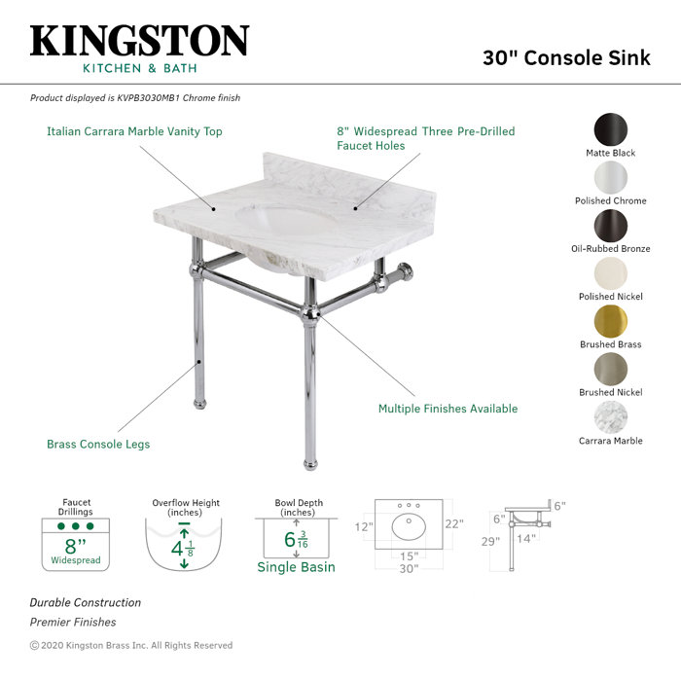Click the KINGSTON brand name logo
pyautogui.click(x=139, y=41)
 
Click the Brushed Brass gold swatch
pyautogui.click(x=611, y=321)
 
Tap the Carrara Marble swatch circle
pyautogui.click(x=611, y=417)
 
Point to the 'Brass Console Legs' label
pyautogui.click(x=98, y=445)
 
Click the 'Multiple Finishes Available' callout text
pyautogui.click(x=448, y=409)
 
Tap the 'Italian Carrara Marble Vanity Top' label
pyautogui.click(x=134, y=131)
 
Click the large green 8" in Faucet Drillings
pyautogui.click(x=76, y=546)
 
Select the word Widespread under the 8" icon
pyautogui.click(x=76, y=561)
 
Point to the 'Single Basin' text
pyautogui.click(x=296, y=567)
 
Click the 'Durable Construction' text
pyautogui.click(x=85, y=603)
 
